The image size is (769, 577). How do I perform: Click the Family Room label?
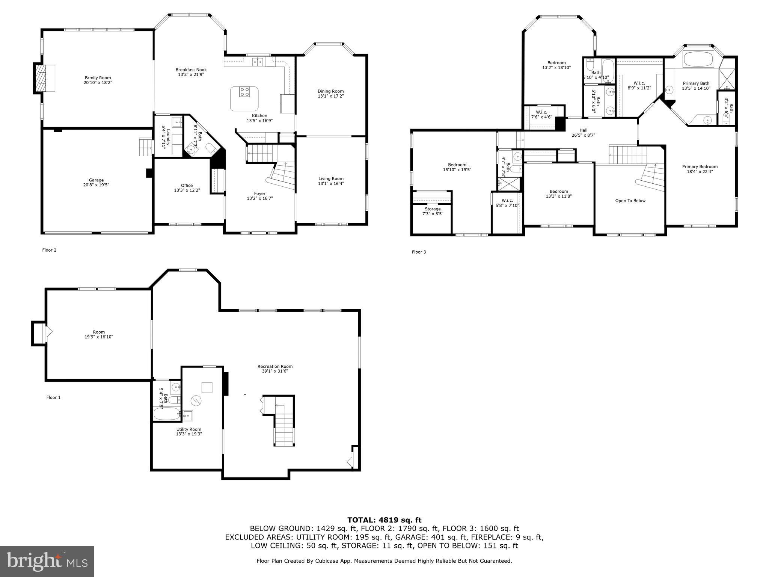tap(98, 78)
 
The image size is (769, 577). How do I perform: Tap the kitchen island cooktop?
tap(245, 92)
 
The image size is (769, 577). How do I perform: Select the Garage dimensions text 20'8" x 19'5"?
tap(96, 185)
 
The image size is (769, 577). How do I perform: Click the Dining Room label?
tap(330, 91)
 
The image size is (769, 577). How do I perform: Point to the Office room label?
tap(187, 185)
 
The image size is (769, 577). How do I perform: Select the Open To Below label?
tap(630, 201)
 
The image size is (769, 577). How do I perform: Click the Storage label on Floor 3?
tap(433, 209)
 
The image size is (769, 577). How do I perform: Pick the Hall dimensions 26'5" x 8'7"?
tap(583, 135)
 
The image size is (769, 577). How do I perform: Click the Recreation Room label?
tap(275, 366)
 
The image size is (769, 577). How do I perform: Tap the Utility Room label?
tap(188, 429)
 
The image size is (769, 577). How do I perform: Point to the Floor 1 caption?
tap(53, 397)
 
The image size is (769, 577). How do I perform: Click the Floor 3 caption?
tap(419, 252)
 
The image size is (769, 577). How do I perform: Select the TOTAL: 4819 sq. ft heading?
tap(384, 520)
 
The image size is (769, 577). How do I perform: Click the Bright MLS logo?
tap(47, 561)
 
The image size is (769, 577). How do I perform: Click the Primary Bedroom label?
tap(700, 167)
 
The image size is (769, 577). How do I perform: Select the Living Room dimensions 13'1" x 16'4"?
tap(330, 184)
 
